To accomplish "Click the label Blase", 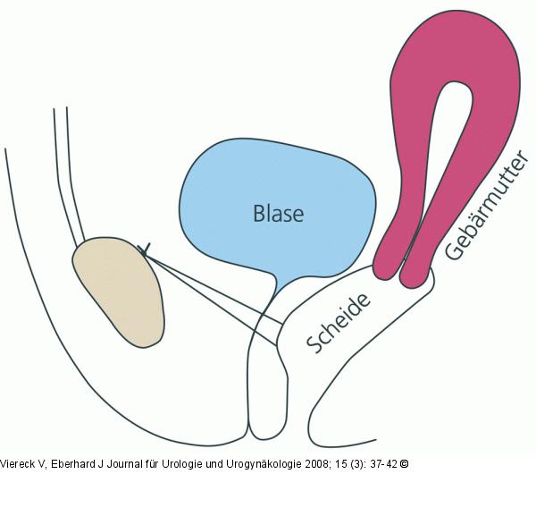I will click(278, 215).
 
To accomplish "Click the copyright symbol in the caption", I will click(404, 464).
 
